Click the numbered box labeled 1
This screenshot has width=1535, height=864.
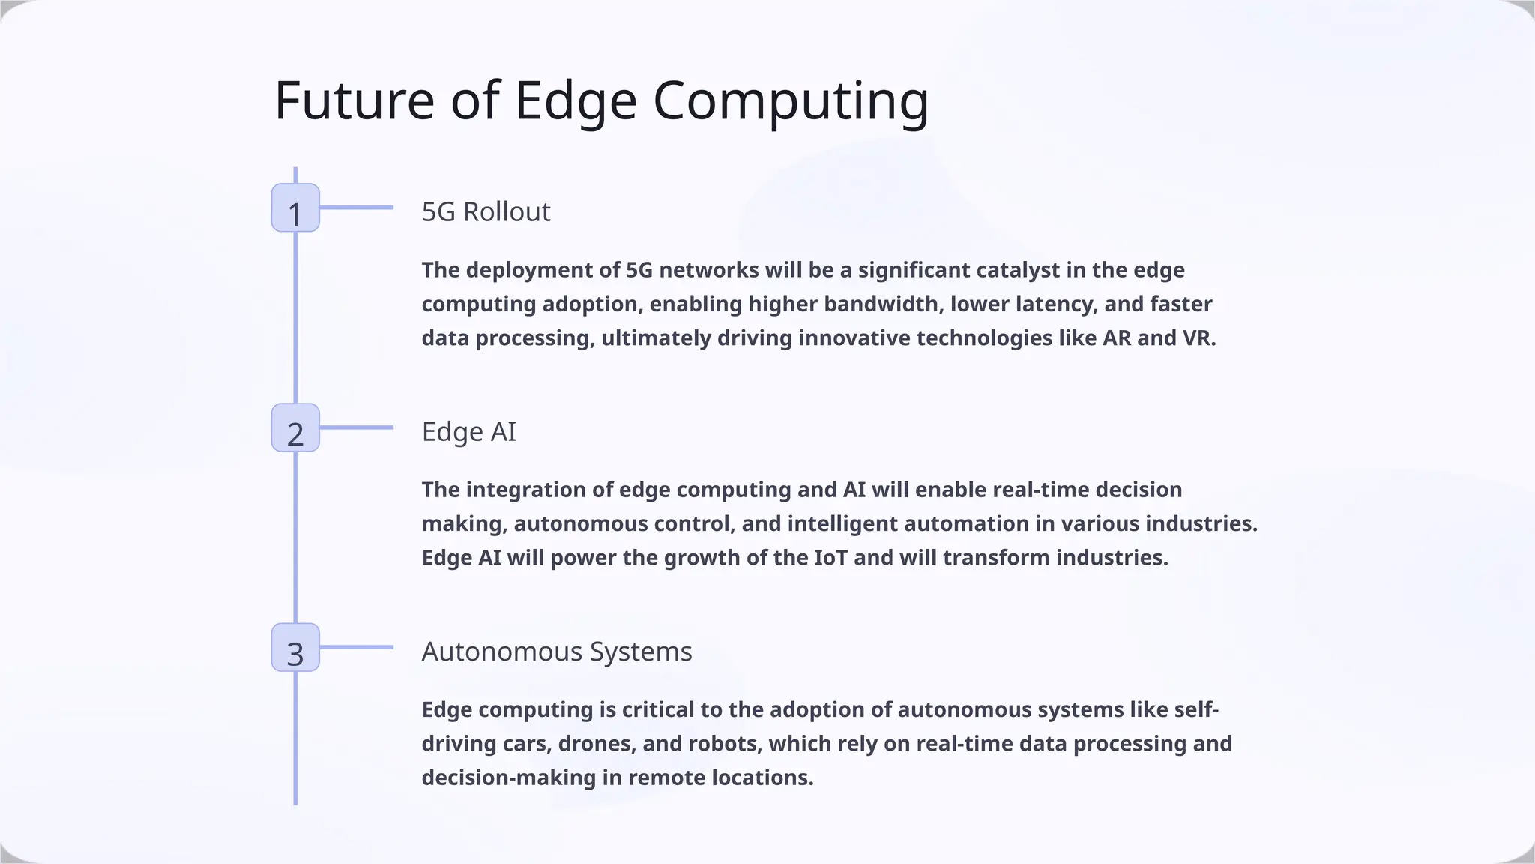coord(295,208)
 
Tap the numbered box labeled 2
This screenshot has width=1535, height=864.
coord(295,427)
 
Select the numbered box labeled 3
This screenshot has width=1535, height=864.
coord(295,647)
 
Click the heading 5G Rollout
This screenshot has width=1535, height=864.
coord(486,212)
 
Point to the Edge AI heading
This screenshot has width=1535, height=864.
coord(468,432)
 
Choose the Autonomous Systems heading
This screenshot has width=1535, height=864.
coord(556,652)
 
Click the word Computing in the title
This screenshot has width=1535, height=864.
coord(790,101)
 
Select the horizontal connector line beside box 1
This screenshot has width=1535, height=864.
coord(357,208)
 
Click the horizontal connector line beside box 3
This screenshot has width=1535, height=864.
coord(357,647)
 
